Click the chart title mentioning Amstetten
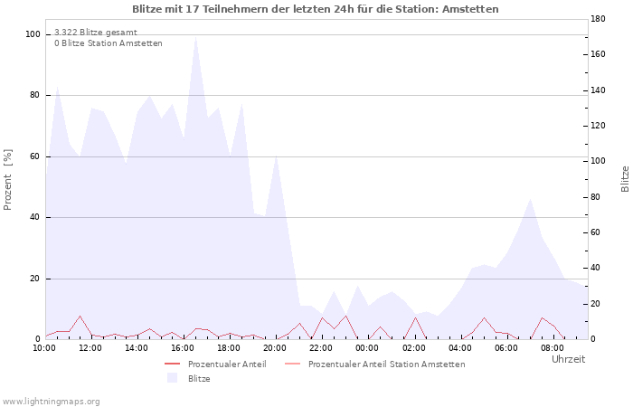[x=316, y=9]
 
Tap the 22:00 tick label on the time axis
[x=321, y=348]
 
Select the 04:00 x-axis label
[x=459, y=348]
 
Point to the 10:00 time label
[x=44, y=348]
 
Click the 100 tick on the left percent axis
[x=33, y=34]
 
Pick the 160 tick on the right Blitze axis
[x=598, y=54]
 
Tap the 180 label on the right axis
[x=598, y=19]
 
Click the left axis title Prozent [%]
[x=7, y=180]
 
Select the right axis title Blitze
[x=625, y=179]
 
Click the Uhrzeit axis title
[x=569, y=359]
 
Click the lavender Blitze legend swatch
[x=173, y=378]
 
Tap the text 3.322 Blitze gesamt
[x=96, y=33]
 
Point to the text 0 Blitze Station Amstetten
[x=109, y=43]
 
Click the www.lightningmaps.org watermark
[x=51, y=402]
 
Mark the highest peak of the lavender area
[x=196, y=36]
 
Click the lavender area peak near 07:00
[x=530, y=199]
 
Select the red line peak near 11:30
[x=80, y=317]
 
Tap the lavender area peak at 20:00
[x=276, y=156]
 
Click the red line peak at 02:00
[x=415, y=317]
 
